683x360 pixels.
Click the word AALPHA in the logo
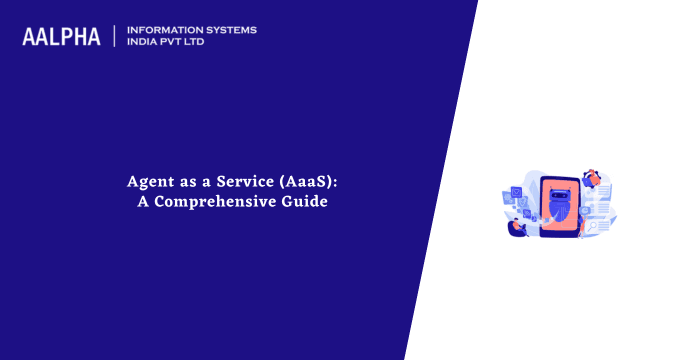pos(61,37)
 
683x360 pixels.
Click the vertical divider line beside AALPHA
pos(114,37)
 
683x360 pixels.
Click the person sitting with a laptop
pos(517,226)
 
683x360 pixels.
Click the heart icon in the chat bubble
pos(515,192)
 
